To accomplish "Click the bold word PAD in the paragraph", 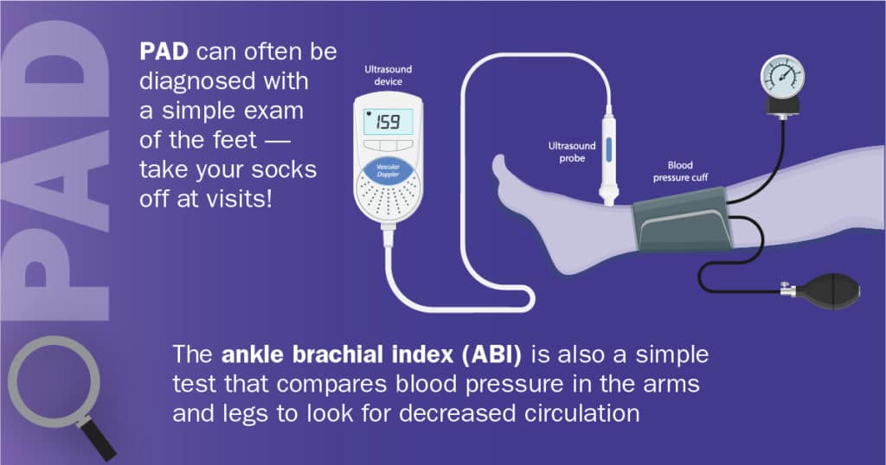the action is click(x=164, y=52).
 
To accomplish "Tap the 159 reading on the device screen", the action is click(x=388, y=121).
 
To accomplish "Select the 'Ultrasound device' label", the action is click(x=388, y=75).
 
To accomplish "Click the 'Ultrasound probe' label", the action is click(x=572, y=152).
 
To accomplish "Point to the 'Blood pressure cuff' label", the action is click(x=680, y=171).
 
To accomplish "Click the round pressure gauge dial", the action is click(x=782, y=77).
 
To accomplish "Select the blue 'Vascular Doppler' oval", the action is click(x=388, y=170).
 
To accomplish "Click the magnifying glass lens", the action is click(x=54, y=381).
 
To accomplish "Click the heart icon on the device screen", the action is click(x=369, y=113).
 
